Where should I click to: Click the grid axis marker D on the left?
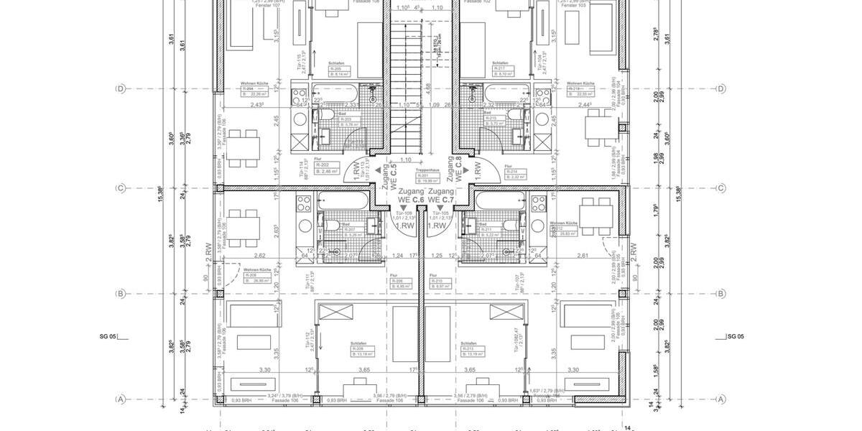pos(121,89)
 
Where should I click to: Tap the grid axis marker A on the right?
pos(720,399)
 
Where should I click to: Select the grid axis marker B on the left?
pos(121,294)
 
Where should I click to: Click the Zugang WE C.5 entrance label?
pos(388,177)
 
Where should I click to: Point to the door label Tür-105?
pos(440,215)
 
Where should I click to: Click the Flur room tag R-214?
pos(516,173)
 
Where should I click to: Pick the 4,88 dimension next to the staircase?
pos(428,86)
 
